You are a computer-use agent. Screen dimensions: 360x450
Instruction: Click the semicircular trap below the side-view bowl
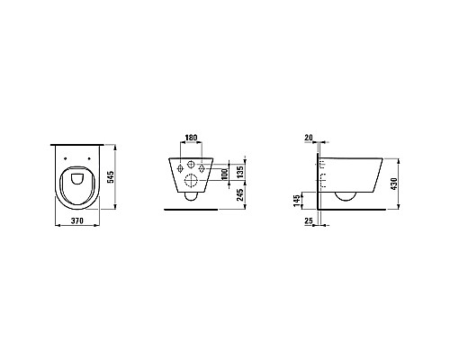(x=346, y=196)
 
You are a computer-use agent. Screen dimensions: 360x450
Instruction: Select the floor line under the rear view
(x=191, y=210)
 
